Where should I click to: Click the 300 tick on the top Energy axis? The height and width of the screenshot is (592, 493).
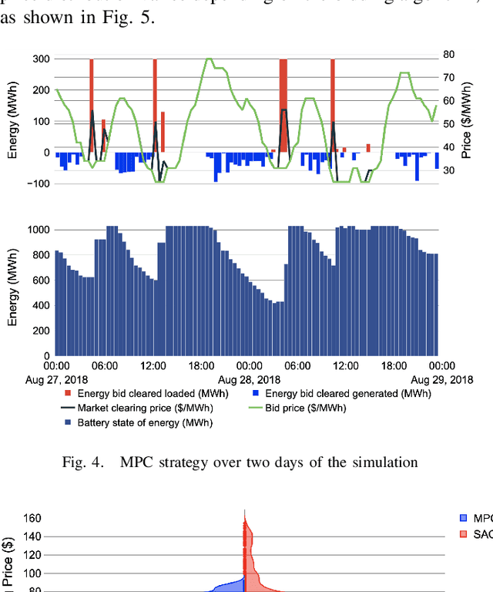pyautogui.click(x=40, y=59)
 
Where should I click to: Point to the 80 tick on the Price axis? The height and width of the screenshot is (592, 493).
pyautogui.click(x=448, y=54)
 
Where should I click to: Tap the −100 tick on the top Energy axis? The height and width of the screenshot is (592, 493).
pyautogui.click(x=38, y=183)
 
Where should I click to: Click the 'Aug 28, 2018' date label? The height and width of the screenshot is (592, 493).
pyautogui.click(x=248, y=380)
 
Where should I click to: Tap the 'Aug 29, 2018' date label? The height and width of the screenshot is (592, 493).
pyautogui.click(x=440, y=380)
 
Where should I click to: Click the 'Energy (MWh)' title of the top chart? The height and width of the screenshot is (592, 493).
pyautogui.click(x=12, y=121)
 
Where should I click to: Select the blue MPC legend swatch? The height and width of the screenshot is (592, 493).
pyautogui.click(x=464, y=517)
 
